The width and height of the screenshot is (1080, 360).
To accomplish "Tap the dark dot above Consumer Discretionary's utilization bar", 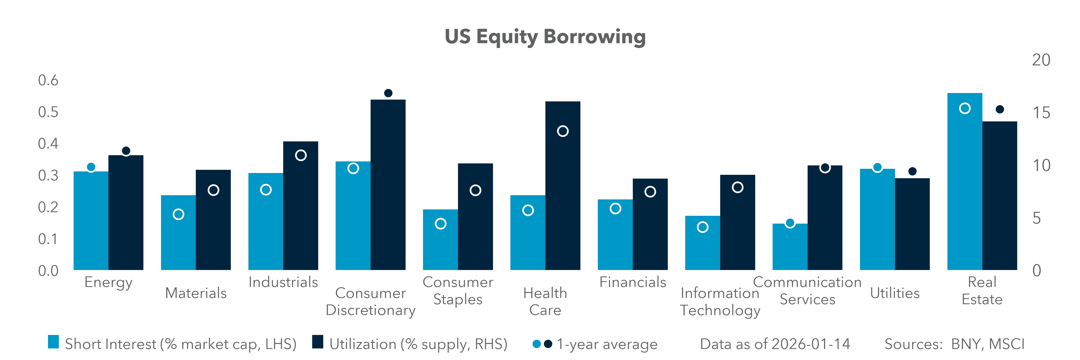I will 388,93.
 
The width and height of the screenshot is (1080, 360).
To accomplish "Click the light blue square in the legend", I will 53,342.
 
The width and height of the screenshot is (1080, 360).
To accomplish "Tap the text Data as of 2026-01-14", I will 775,344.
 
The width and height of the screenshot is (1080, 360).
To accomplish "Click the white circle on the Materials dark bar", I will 213,190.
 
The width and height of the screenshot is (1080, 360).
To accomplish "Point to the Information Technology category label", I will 720,302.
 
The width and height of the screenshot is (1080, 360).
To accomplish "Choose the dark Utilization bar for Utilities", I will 912,224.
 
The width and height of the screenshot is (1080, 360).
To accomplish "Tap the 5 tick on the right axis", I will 1036,218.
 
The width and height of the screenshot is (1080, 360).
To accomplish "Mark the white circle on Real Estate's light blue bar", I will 965,109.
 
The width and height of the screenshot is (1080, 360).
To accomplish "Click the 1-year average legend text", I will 607,344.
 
